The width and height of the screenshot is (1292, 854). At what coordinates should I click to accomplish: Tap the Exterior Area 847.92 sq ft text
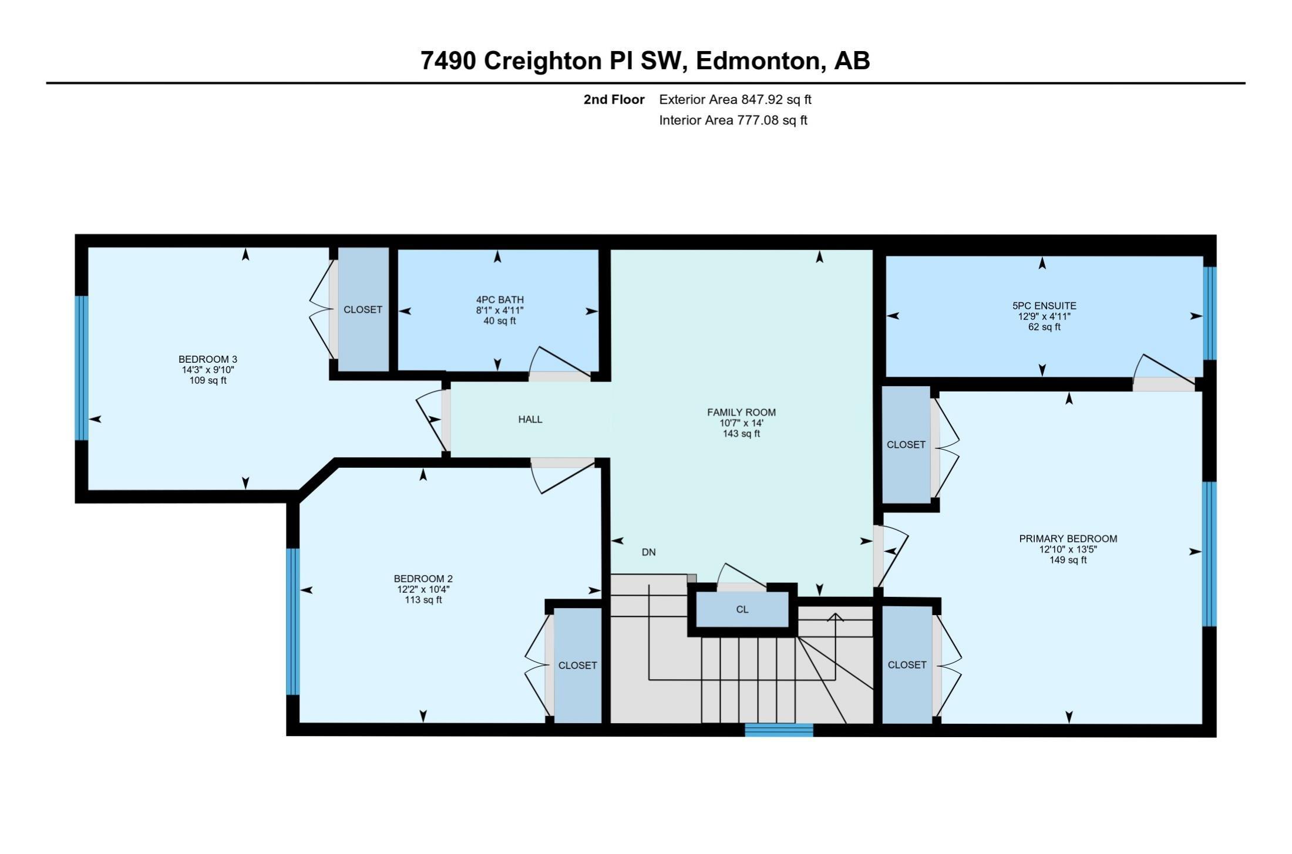click(735, 100)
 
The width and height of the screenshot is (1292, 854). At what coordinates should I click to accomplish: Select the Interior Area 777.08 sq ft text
click(733, 120)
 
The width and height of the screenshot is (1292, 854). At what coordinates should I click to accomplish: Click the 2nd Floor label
click(614, 100)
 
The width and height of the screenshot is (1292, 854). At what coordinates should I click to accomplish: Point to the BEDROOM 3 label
click(208, 359)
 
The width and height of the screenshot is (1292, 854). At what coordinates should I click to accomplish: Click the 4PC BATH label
click(500, 300)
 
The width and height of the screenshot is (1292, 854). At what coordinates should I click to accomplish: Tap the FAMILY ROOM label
click(741, 413)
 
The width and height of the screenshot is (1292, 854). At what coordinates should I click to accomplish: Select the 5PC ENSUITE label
click(1044, 306)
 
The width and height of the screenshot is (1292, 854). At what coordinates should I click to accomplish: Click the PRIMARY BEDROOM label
click(1068, 539)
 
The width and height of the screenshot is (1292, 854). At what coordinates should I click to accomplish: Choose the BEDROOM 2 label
click(423, 579)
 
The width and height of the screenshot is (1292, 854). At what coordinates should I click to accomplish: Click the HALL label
click(530, 420)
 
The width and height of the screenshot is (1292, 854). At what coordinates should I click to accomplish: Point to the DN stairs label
click(648, 552)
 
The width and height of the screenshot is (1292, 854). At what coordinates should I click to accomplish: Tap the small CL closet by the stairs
click(742, 609)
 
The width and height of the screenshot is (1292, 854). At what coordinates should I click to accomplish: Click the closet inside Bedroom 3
click(363, 309)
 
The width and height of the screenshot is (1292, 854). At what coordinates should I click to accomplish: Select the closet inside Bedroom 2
click(578, 665)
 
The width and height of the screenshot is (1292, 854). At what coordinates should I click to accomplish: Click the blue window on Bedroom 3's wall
click(82, 368)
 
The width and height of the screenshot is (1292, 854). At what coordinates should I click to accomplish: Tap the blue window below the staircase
click(779, 730)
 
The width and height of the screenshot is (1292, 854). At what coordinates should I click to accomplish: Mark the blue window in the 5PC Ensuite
click(1209, 313)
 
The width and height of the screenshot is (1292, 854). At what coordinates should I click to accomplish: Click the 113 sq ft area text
click(423, 600)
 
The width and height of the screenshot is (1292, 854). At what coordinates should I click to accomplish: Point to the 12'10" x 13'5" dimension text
click(1068, 549)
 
